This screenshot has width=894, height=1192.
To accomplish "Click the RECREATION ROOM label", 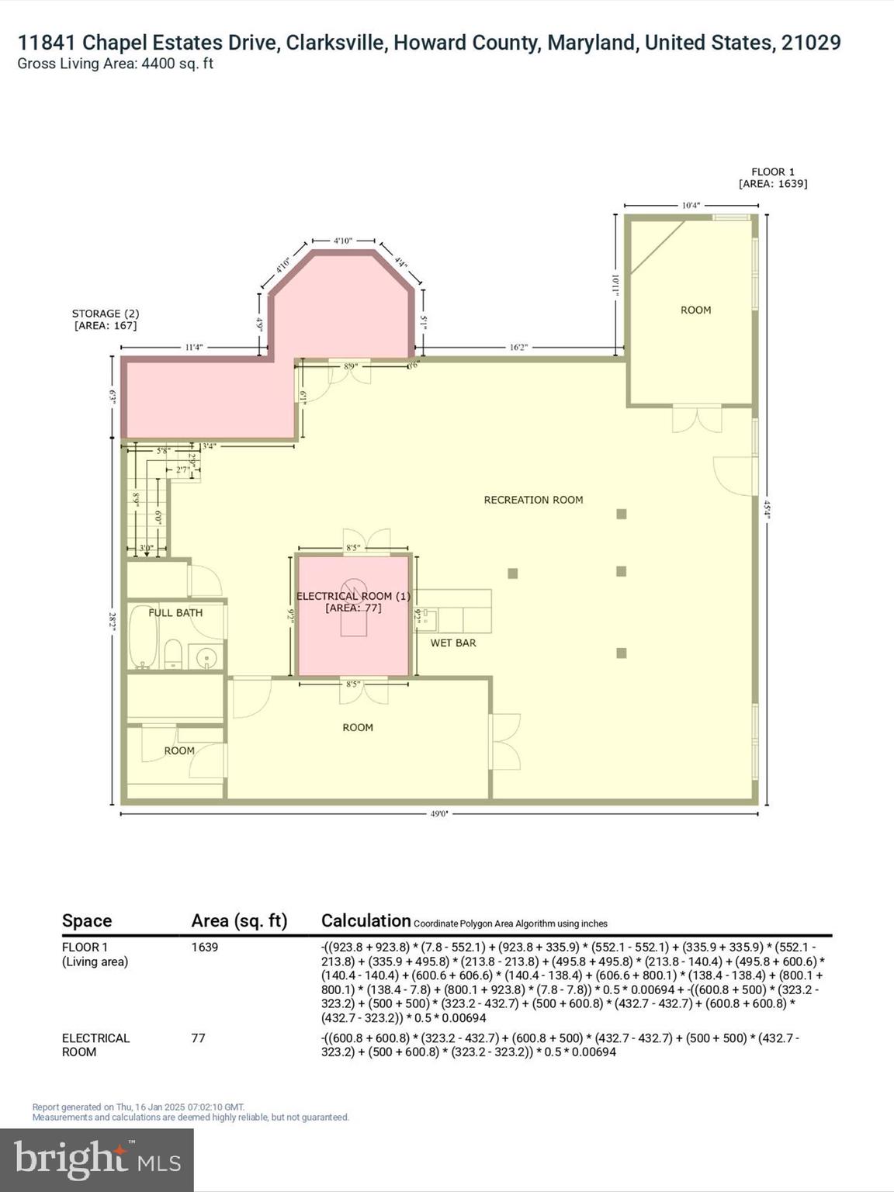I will [x=533, y=500].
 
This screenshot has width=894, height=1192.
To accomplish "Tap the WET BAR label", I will [x=453, y=643].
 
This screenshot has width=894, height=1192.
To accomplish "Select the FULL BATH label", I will [x=175, y=612].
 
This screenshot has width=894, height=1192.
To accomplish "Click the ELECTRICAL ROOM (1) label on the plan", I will [x=353, y=596].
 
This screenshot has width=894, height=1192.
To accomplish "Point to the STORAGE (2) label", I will [x=106, y=314].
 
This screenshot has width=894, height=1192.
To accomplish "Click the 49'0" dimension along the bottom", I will [x=439, y=813].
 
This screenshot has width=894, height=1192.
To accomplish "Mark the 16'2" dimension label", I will [x=518, y=347].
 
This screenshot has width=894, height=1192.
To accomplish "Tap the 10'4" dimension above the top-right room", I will [x=691, y=206].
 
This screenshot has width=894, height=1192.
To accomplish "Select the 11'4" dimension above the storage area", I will [x=193, y=347].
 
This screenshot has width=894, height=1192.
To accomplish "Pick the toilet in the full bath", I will [x=173, y=654].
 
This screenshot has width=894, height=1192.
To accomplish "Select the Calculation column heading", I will [x=366, y=920].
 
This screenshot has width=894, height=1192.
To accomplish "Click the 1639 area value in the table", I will [x=205, y=947].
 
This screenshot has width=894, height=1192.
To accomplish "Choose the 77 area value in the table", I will [x=199, y=1038].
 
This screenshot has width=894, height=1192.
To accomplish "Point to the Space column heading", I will [x=87, y=920].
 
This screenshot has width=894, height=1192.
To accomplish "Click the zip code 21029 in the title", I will [x=811, y=43].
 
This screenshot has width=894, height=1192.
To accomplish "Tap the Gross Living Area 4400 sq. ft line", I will [x=115, y=64].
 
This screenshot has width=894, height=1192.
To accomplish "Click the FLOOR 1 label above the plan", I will [x=772, y=172].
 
